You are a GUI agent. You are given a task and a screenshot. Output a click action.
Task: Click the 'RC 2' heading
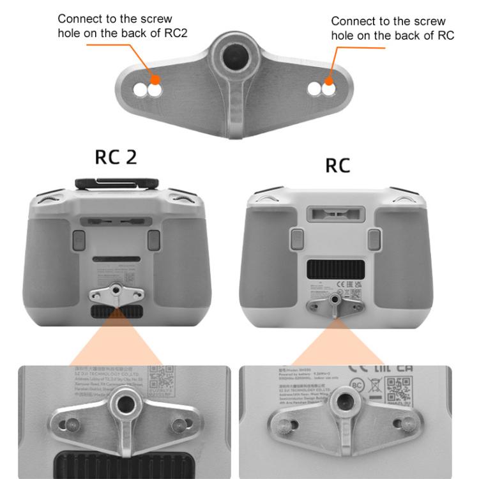pyautogui.click(x=116, y=157)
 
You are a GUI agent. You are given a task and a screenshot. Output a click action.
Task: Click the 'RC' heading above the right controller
pyautogui.click(x=338, y=165)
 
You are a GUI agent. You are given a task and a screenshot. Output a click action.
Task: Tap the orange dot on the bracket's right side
pyautogui.click(x=328, y=80)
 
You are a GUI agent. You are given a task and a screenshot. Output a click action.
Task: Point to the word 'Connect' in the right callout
pyautogui.click(x=351, y=22)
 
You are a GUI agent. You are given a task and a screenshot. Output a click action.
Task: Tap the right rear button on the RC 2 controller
pyautogui.click(x=153, y=240)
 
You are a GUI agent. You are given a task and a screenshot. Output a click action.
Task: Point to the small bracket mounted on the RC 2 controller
pyautogui.click(x=116, y=294)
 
